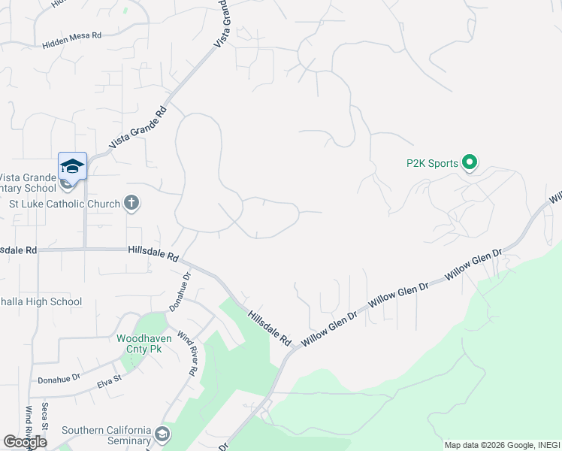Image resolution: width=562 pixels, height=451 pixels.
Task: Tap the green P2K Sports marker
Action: click(470, 162)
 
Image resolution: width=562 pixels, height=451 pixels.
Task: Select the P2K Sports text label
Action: click(432, 163)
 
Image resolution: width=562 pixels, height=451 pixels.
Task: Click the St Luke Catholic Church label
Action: click(65, 204)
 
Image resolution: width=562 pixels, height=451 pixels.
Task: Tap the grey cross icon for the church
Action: click(131, 203)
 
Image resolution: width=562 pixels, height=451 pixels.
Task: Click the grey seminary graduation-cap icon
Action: click(162, 434)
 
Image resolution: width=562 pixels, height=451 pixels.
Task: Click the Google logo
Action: click(25, 441)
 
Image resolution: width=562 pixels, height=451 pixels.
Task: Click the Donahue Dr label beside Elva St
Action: click(59, 380)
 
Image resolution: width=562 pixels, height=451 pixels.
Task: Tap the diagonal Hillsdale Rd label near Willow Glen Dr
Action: click(270, 328)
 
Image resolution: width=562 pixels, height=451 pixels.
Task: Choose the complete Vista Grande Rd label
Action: click(137, 128)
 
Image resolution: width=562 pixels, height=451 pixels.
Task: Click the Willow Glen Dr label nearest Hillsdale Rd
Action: click(329, 328)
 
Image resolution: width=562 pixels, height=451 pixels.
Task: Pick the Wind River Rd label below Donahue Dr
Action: click(187, 353)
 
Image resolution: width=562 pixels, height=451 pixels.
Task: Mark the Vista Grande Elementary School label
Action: click(28, 183)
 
